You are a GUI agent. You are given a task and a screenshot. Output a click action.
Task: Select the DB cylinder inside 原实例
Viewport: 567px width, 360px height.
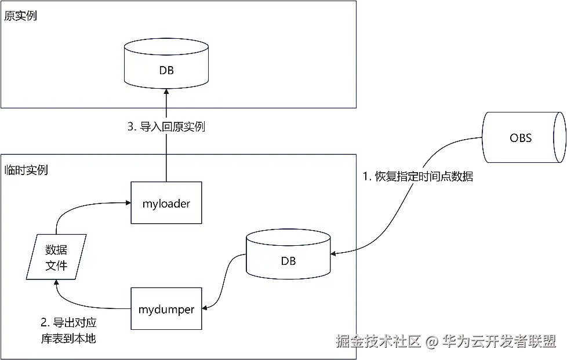click(166, 67)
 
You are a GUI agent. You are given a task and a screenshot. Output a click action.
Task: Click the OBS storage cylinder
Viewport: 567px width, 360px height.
click(521, 137)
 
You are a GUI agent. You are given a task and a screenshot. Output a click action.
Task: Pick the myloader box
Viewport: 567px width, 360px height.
click(166, 203)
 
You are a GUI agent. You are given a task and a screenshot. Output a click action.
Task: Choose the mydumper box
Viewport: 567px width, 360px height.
click(166, 309)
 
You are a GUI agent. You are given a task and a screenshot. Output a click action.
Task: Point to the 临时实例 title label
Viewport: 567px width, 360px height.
click(26, 170)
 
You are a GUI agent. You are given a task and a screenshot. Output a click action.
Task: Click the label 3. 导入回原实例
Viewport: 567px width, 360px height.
click(166, 126)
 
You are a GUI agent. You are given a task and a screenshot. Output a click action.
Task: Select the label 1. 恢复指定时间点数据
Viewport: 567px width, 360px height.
click(418, 177)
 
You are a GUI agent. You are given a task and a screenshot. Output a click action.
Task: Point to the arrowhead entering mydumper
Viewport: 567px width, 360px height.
click(205, 307)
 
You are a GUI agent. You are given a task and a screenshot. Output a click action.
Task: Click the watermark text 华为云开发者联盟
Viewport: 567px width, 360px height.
click(499, 341)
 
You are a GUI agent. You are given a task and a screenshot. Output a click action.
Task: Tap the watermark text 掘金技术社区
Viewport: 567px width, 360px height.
click(377, 341)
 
